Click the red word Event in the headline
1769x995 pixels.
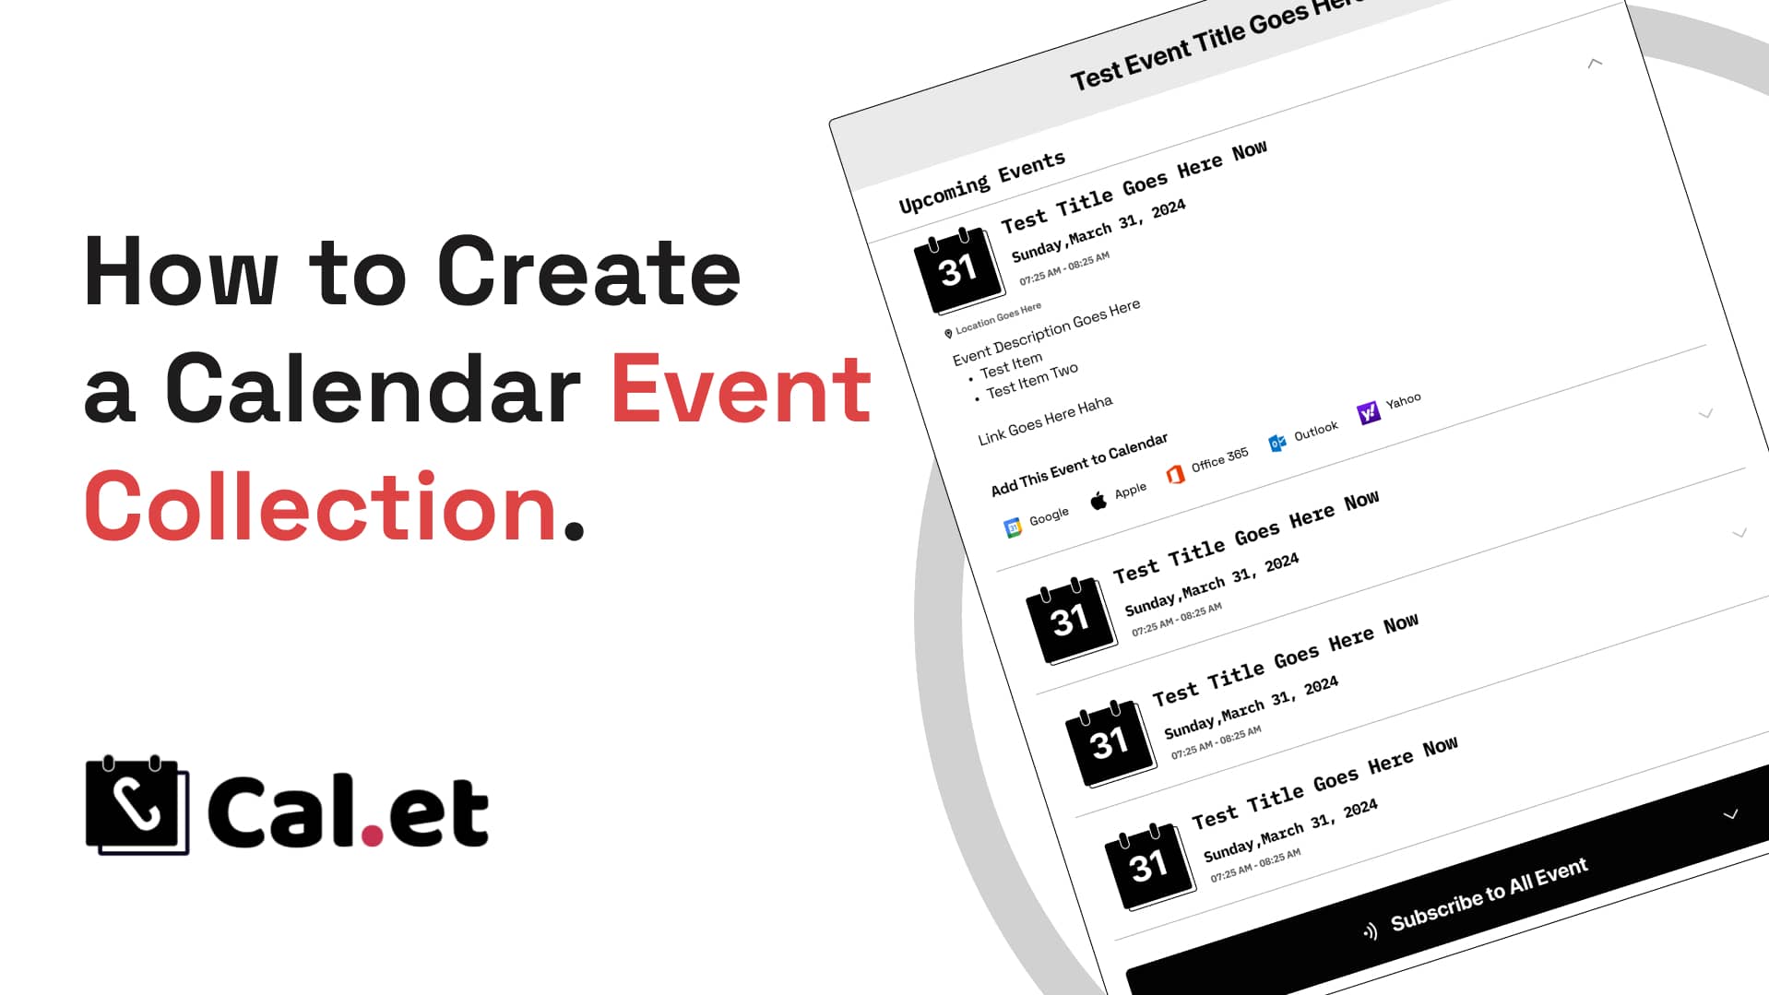pos(741,390)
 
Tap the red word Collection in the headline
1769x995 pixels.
pos(321,507)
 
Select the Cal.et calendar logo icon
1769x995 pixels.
pos(137,805)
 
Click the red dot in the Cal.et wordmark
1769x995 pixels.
pos(372,835)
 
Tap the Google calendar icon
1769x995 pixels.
pos(1013,527)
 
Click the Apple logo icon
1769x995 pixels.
pos(1098,501)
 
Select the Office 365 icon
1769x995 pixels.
pos(1175,474)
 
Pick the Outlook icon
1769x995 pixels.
pos(1277,444)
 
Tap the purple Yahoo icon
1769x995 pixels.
pos(1369,412)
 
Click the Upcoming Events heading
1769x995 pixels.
pos(982,183)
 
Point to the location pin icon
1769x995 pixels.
pos(948,334)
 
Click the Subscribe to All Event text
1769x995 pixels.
pos(1490,894)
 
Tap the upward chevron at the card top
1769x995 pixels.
pos(1595,63)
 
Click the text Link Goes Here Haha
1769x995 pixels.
pos(1045,421)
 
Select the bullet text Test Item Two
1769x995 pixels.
pos(1032,381)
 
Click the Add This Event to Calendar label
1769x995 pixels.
pos(1079,465)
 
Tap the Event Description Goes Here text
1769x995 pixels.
pos(1046,332)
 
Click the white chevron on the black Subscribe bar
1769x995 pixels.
pos(1730,814)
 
